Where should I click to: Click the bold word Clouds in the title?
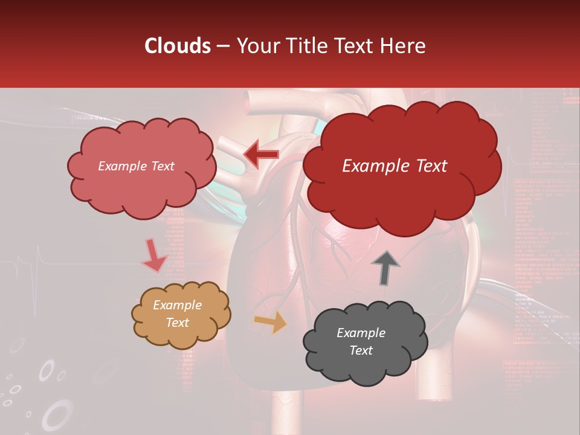178,45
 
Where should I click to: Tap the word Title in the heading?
307,45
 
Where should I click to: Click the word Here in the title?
405,45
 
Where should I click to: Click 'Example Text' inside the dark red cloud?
395,166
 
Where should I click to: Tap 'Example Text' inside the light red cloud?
136,166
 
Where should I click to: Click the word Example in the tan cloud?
177,305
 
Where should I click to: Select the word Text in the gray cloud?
361,350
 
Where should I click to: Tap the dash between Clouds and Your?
223,46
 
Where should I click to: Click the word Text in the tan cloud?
177,323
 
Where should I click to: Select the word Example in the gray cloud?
361,333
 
